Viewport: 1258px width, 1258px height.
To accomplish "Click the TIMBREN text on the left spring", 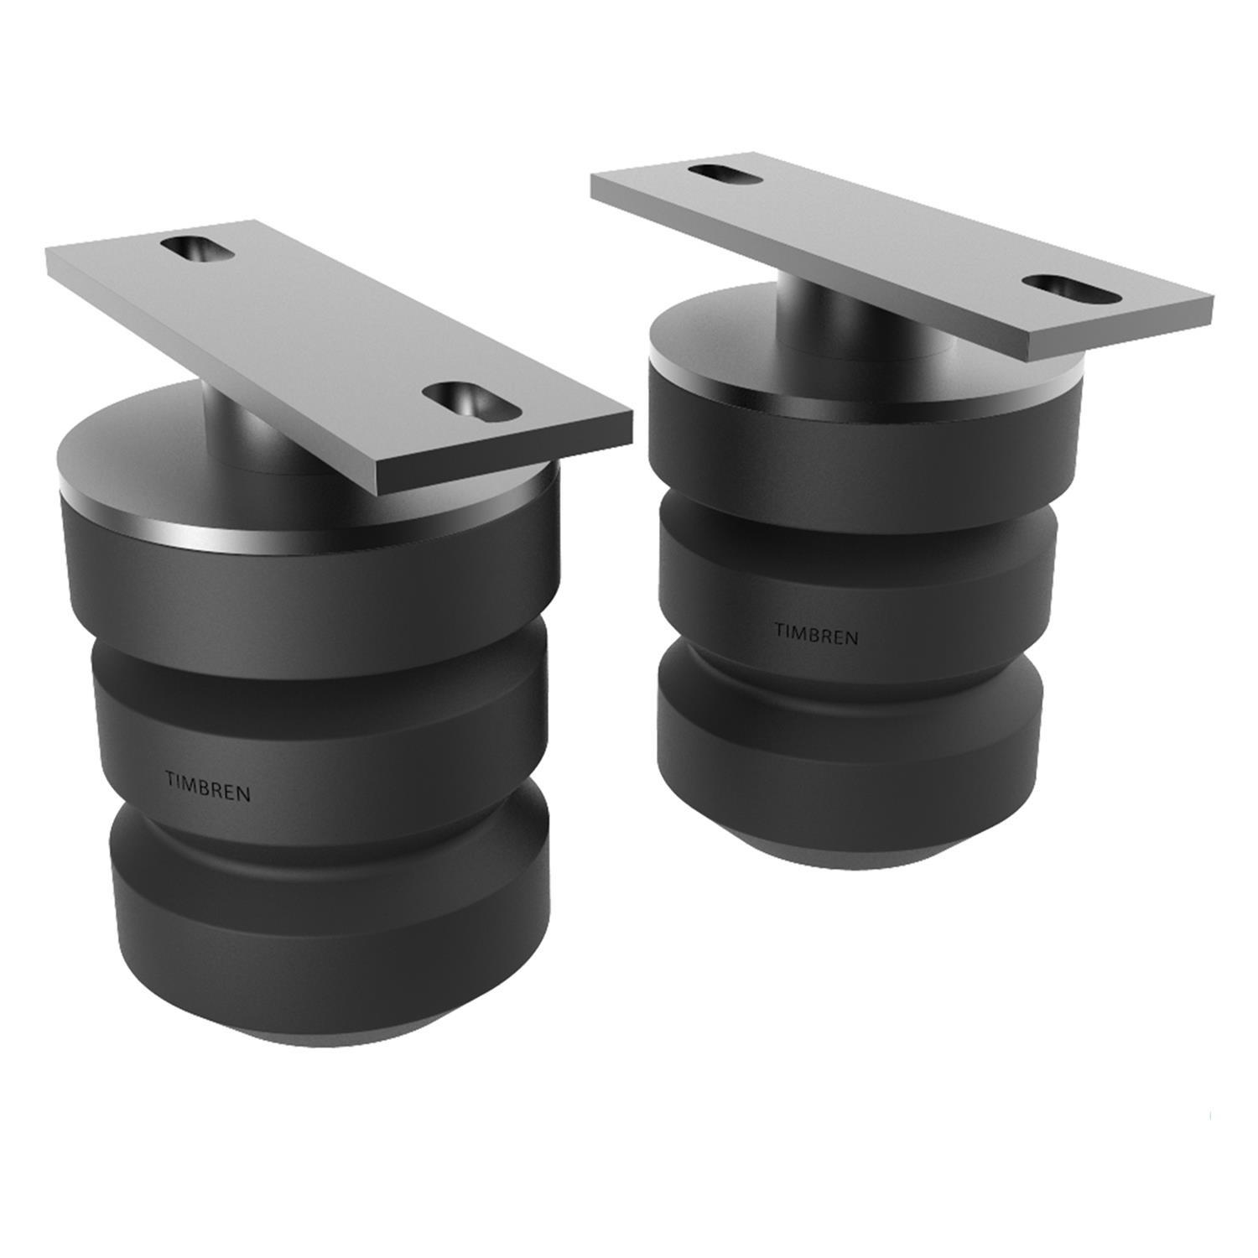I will point(208,787).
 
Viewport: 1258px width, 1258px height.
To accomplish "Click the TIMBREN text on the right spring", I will point(816,634).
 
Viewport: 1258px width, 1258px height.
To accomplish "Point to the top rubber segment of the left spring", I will point(302,579).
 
